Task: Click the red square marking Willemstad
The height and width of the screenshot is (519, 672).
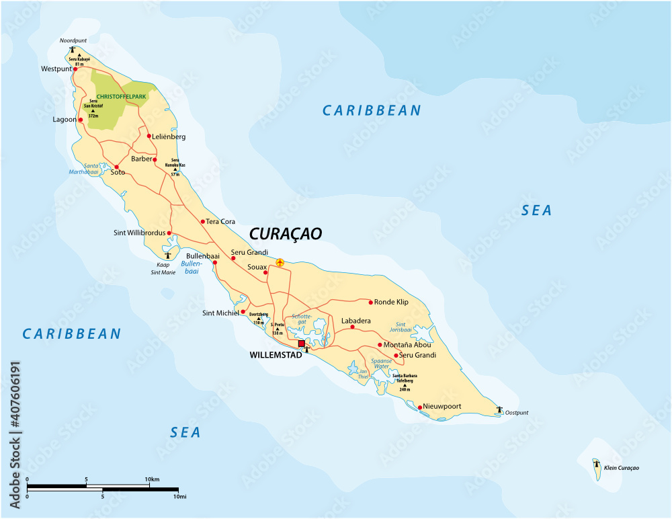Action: [x=301, y=344]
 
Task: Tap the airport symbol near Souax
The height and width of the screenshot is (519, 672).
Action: [x=280, y=262]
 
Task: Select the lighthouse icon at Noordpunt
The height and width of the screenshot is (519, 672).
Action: [x=73, y=49]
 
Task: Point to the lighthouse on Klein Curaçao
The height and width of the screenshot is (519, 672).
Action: [x=595, y=463]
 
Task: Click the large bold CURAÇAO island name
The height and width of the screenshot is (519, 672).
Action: [x=286, y=233]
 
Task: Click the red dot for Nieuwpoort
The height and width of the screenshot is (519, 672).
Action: [x=419, y=407]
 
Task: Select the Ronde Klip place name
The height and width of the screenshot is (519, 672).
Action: [x=391, y=302]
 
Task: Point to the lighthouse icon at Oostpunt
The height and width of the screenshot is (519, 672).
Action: [x=499, y=409]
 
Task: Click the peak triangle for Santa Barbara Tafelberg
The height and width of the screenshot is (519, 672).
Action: [x=405, y=385]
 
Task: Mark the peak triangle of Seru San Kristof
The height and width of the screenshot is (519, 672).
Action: [x=93, y=110]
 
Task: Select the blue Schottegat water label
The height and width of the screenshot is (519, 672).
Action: [x=302, y=319]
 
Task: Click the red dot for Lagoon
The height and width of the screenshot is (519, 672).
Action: [x=81, y=120]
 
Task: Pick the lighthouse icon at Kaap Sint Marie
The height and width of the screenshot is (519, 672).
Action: [x=167, y=255]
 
